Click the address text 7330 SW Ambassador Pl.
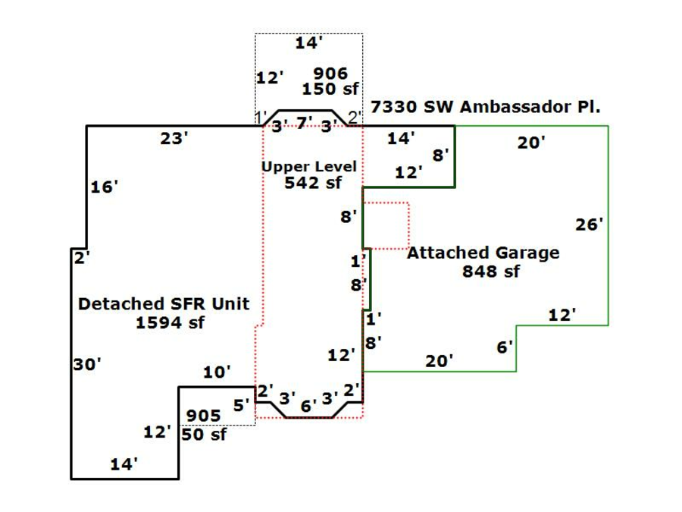pos(485,107)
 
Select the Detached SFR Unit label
pos(164,304)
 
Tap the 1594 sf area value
pos(170,322)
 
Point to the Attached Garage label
pos(483,253)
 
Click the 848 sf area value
pos(491,272)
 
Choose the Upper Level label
pos(309,166)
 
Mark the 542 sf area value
pos(313,183)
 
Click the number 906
pos(330,74)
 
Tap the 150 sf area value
pos(330,89)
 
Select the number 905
pos(204,416)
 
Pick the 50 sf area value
pos(204,435)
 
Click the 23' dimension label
pos(174,139)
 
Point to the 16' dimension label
pos(105,187)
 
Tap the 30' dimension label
pos(87,365)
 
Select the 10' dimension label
pos(217,372)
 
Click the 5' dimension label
pos(241,406)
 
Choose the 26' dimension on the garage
pos(589,225)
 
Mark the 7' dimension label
pos(304,122)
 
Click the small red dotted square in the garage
pos(386,226)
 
